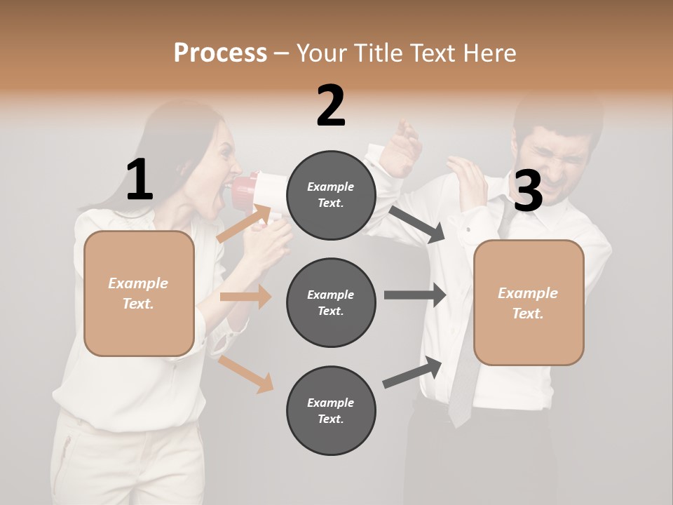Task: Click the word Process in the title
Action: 220,53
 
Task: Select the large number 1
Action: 140,180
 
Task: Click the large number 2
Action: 331,106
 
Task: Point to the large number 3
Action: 528,191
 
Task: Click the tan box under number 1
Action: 139,293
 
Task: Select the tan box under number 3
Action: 529,302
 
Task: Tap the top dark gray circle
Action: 331,195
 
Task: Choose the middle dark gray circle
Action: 331,302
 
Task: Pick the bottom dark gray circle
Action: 331,410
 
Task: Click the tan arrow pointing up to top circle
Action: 245,223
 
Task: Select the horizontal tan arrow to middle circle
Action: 245,297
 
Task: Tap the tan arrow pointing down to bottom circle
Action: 246,374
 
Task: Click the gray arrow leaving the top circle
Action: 418,224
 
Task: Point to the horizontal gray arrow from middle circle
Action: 415,295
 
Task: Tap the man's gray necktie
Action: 463,379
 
